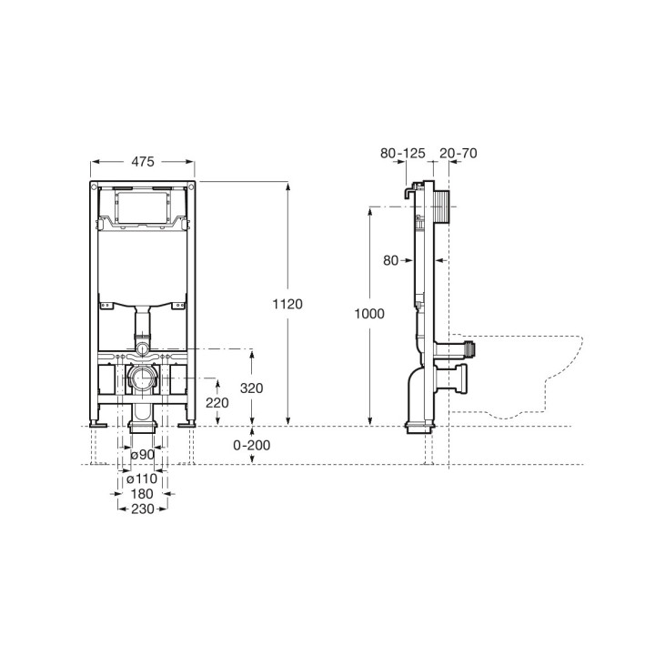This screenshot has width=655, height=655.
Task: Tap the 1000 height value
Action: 369,314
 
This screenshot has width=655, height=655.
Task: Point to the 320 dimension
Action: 251,388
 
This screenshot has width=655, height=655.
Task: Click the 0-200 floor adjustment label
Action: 252,445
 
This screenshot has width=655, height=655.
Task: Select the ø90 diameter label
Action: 142,454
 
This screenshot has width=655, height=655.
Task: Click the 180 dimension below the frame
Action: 142,493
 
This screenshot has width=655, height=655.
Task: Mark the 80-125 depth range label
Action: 402,154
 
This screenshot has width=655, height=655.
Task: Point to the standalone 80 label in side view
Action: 391,260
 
